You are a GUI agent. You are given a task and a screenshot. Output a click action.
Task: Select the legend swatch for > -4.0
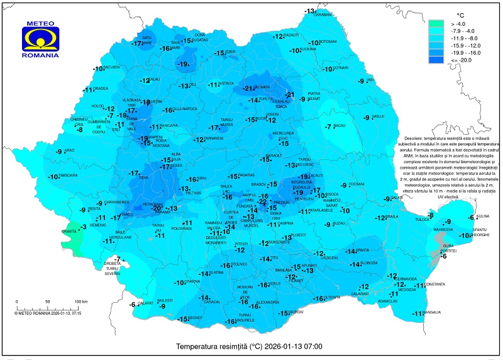(x=436, y=25)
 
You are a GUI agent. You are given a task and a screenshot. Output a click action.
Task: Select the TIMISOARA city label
(x=69, y=175)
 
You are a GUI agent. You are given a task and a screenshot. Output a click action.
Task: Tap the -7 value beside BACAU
(x=328, y=127)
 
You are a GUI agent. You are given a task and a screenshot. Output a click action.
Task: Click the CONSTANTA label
(x=434, y=284)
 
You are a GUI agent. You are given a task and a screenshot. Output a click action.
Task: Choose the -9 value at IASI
(x=361, y=81)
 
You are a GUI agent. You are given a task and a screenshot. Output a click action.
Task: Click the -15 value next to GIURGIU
(x=284, y=313)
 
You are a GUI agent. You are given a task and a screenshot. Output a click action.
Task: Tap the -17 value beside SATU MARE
(x=136, y=44)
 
